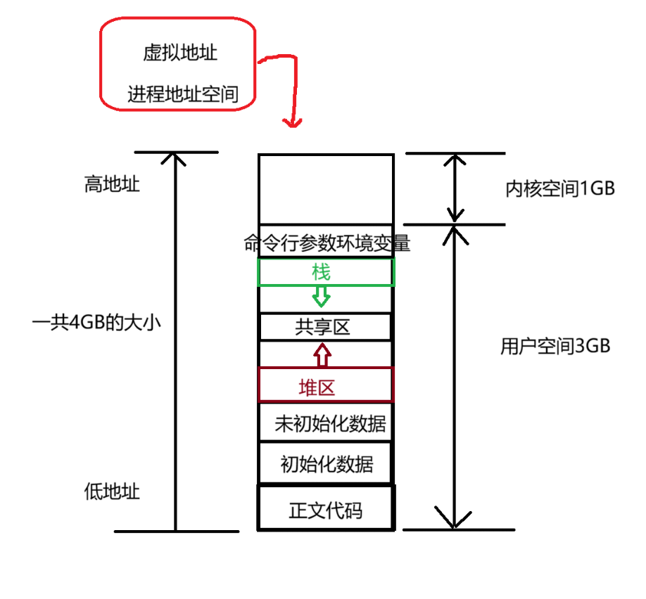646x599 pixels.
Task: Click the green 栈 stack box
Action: tap(325, 272)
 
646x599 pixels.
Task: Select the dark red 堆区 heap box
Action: tap(325, 386)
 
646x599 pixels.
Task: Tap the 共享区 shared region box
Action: tap(325, 327)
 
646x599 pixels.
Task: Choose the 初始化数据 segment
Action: tap(325, 464)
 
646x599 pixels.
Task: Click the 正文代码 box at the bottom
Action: tap(325, 509)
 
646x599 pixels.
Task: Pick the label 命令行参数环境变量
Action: tap(327, 243)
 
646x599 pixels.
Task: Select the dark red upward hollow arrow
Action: tap(322, 355)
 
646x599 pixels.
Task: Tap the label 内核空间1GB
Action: tap(560, 188)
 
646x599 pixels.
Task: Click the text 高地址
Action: tap(111, 184)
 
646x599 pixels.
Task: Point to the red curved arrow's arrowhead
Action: tap(291, 122)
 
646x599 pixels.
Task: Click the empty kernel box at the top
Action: tap(325, 188)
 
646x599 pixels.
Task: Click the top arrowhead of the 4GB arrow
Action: tap(175, 157)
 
